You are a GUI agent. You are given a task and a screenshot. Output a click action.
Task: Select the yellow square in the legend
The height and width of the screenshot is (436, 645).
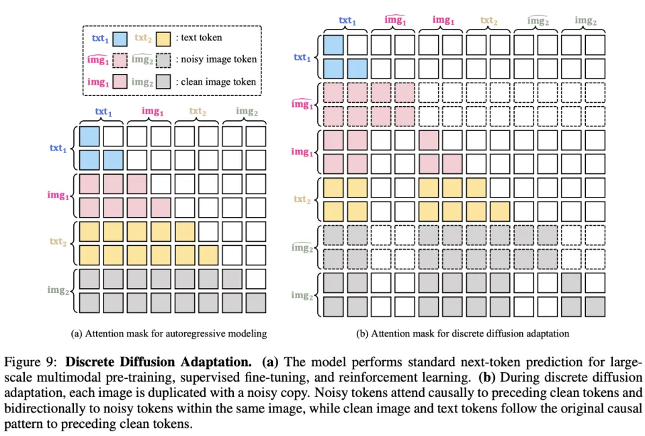(x=164, y=38)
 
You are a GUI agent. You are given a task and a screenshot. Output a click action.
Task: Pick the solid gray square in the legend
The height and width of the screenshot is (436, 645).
(x=164, y=82)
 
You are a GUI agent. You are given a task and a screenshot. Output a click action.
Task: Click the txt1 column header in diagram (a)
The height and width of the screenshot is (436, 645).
(x=103, y=112)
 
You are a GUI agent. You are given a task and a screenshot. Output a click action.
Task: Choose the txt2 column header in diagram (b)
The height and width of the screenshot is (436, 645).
(x=489, y=20)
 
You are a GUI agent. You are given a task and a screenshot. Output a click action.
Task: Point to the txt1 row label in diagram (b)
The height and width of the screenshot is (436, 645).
(x=302, y=58)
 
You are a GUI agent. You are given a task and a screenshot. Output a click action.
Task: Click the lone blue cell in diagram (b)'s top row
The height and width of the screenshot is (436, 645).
(x=334, y=45)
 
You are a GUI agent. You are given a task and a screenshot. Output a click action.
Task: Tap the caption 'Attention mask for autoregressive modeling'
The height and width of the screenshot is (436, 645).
(x=169, y=333)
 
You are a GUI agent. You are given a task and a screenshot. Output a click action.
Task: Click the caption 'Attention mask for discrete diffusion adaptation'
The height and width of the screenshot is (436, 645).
(x=463, y=333)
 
